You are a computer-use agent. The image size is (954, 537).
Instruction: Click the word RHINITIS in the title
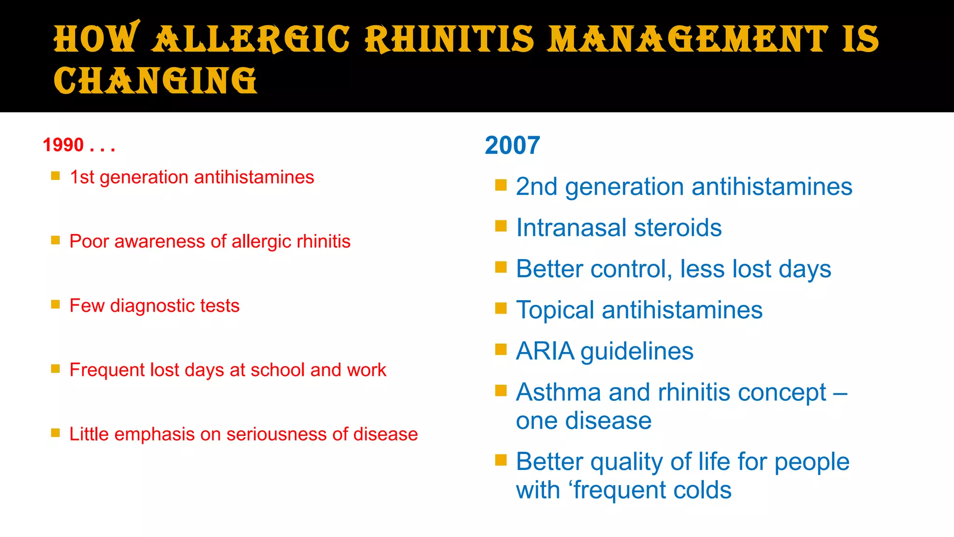[449, 39]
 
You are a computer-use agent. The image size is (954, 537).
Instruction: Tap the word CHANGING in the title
[155, 81]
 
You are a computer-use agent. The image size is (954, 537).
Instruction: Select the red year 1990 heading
[63, 145]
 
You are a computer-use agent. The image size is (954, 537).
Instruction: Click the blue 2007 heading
[512, 145]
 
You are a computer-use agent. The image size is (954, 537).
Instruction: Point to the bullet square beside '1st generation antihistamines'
[55, 176]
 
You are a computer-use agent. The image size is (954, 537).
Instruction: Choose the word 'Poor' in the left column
[89, 241]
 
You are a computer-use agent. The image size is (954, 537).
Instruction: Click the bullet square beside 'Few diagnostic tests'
[55, 304]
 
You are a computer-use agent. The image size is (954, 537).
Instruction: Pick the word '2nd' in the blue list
[537, 187]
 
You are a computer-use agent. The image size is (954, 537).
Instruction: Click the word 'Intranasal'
[571, 228]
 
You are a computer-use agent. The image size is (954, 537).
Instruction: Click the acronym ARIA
[545, 351]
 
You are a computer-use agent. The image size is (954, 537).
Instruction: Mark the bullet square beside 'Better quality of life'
[501, 461]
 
